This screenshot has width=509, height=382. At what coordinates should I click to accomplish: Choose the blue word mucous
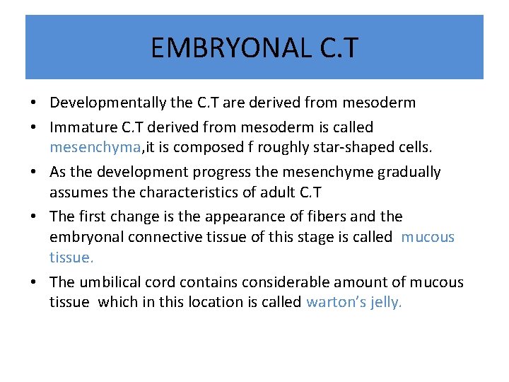click(x=428, y=236)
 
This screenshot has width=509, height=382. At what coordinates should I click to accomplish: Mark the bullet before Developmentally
click(x=34, y=103)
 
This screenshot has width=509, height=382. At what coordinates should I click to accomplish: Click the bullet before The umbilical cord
click(x=34, y=282)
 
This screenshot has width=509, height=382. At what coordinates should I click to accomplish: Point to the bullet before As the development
click(x=34, y=173)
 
